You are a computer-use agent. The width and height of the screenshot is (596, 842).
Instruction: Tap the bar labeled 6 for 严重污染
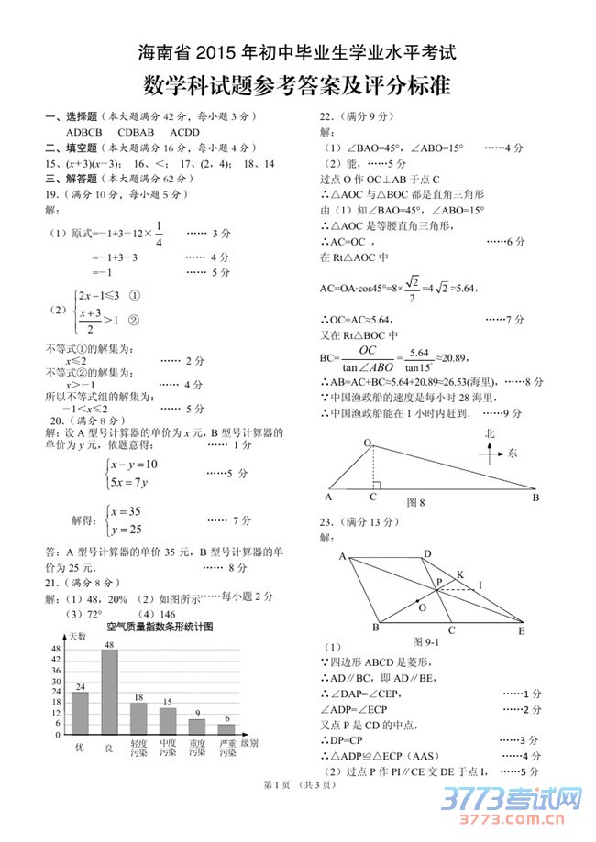(x=226, y=729)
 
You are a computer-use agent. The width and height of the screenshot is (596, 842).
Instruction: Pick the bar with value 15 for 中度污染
(x=168, y=721)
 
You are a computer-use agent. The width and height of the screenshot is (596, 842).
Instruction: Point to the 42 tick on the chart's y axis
(x=56, y=659)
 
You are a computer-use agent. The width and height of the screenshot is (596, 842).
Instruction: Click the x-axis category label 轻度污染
(x=138, y=748)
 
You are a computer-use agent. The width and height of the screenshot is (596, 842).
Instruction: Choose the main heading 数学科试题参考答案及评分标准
(x=297, y=87)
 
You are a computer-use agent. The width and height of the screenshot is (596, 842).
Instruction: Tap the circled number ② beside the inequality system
(x=134, y=320)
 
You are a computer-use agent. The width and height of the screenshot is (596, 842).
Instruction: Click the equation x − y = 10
(x=134, y=464)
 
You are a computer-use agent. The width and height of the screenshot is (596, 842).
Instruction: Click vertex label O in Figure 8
(x=368, y=443)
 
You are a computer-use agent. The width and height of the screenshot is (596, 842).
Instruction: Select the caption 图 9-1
(x=427, y=640)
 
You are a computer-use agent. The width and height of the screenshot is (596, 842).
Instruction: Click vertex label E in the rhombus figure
(x=521, y=631)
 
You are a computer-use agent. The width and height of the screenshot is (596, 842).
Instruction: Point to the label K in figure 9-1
(x=459, y=574)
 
